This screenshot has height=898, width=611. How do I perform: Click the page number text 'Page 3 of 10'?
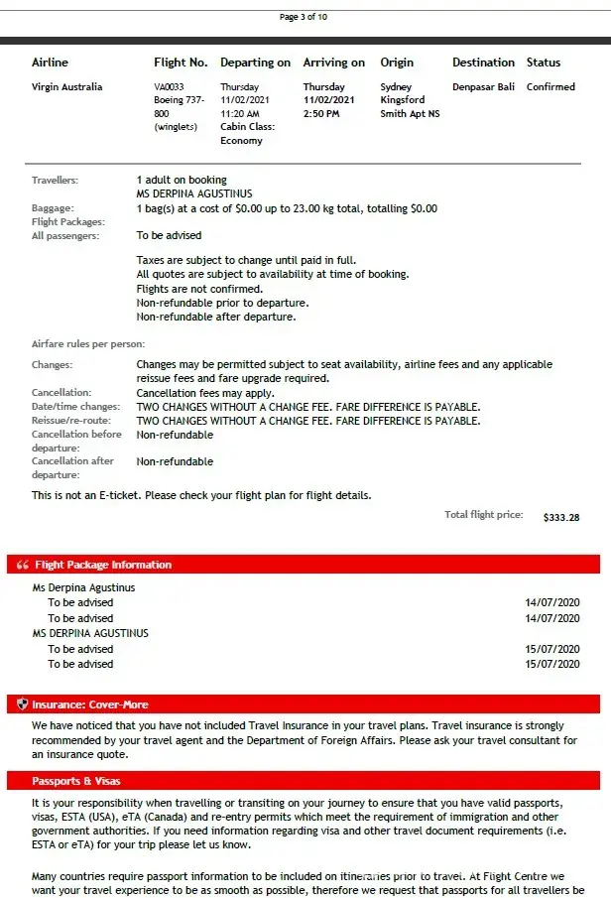[304, 17]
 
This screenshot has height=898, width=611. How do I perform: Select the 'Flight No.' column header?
[181, 63]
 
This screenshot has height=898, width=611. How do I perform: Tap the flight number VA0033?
[169, 87]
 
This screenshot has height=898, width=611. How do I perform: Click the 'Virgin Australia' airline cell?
[67, 87]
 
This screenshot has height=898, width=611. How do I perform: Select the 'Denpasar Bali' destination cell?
[483, 87]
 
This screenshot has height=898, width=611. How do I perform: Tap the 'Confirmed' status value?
[550, 87]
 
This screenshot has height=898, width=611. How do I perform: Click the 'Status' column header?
[544, 63]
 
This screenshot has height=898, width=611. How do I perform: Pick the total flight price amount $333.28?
[561, 517]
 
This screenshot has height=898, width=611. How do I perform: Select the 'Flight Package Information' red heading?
[103, 565]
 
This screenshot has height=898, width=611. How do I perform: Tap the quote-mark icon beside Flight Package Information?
[23, 565]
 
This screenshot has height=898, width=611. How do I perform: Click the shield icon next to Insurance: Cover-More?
[23, 705]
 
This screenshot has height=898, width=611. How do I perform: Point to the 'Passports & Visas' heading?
[76, 781]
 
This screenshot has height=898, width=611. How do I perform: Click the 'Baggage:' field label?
[53, 208]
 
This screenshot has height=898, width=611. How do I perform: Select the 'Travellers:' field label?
[55, 181]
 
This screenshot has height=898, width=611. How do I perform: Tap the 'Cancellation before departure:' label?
[76, 441]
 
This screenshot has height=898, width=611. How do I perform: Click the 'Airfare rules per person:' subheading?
[88, 344]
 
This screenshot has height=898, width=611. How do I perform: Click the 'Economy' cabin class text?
[242, 141]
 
